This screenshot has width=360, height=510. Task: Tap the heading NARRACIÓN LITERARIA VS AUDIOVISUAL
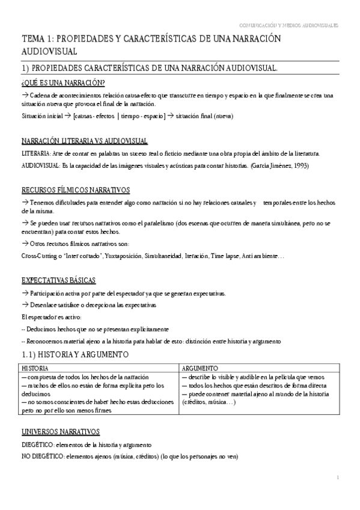[84, 141]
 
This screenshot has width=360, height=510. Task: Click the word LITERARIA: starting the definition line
[37, 154]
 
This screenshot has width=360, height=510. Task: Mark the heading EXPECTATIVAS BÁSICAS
[58, 280]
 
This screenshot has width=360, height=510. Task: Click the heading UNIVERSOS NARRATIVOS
[60, 432]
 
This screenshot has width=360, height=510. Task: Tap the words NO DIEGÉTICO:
[43, 456]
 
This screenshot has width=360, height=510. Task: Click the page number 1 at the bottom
[338, 478]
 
